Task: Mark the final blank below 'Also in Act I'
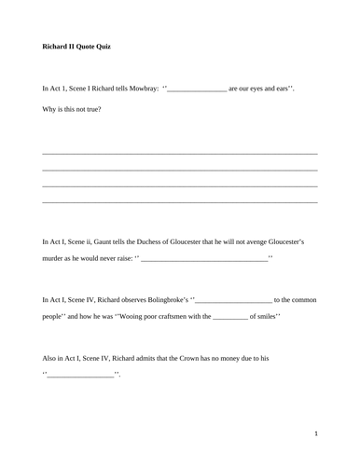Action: (x=80, y=376)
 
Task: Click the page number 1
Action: (x=316, y=433)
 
